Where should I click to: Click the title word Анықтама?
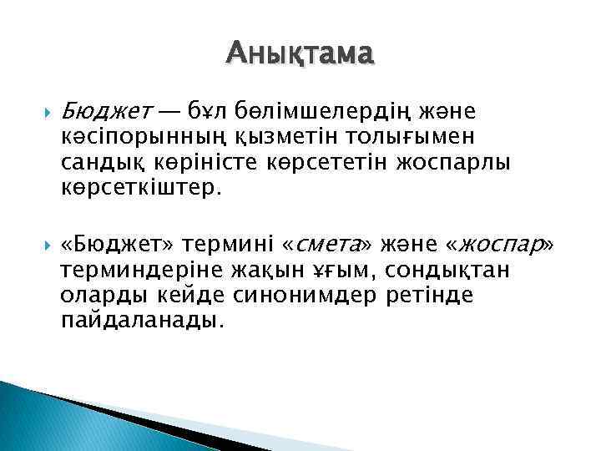click(300, 54)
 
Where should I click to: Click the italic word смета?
click(329, 245)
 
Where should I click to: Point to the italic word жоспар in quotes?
click(498, 245)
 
